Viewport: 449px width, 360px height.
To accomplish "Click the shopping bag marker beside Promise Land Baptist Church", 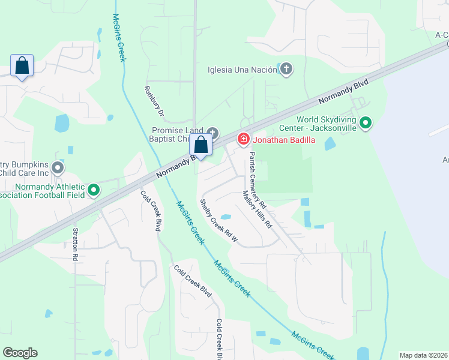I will [201, 146].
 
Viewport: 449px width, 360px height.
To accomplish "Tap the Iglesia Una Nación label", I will [242, 70].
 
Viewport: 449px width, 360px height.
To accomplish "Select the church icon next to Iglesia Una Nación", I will [286, 69].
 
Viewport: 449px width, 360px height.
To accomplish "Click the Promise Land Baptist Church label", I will [178, 135].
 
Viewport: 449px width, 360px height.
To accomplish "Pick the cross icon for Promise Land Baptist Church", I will [212, 132].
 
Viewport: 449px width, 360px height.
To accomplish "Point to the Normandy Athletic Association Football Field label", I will [42, 191].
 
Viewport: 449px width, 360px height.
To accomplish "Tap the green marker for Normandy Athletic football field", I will [94, 190].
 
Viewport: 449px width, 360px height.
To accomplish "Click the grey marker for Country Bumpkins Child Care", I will [58, 167].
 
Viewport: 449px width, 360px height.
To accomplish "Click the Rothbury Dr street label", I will [153, 100].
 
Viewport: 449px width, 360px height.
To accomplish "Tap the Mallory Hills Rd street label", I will [258, 209].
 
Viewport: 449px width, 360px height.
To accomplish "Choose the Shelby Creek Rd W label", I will [219, 222].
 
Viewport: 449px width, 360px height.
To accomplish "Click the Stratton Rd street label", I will [76, 244].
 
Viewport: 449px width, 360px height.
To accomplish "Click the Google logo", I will [20, 353].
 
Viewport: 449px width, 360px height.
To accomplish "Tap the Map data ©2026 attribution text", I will [424, 355].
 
